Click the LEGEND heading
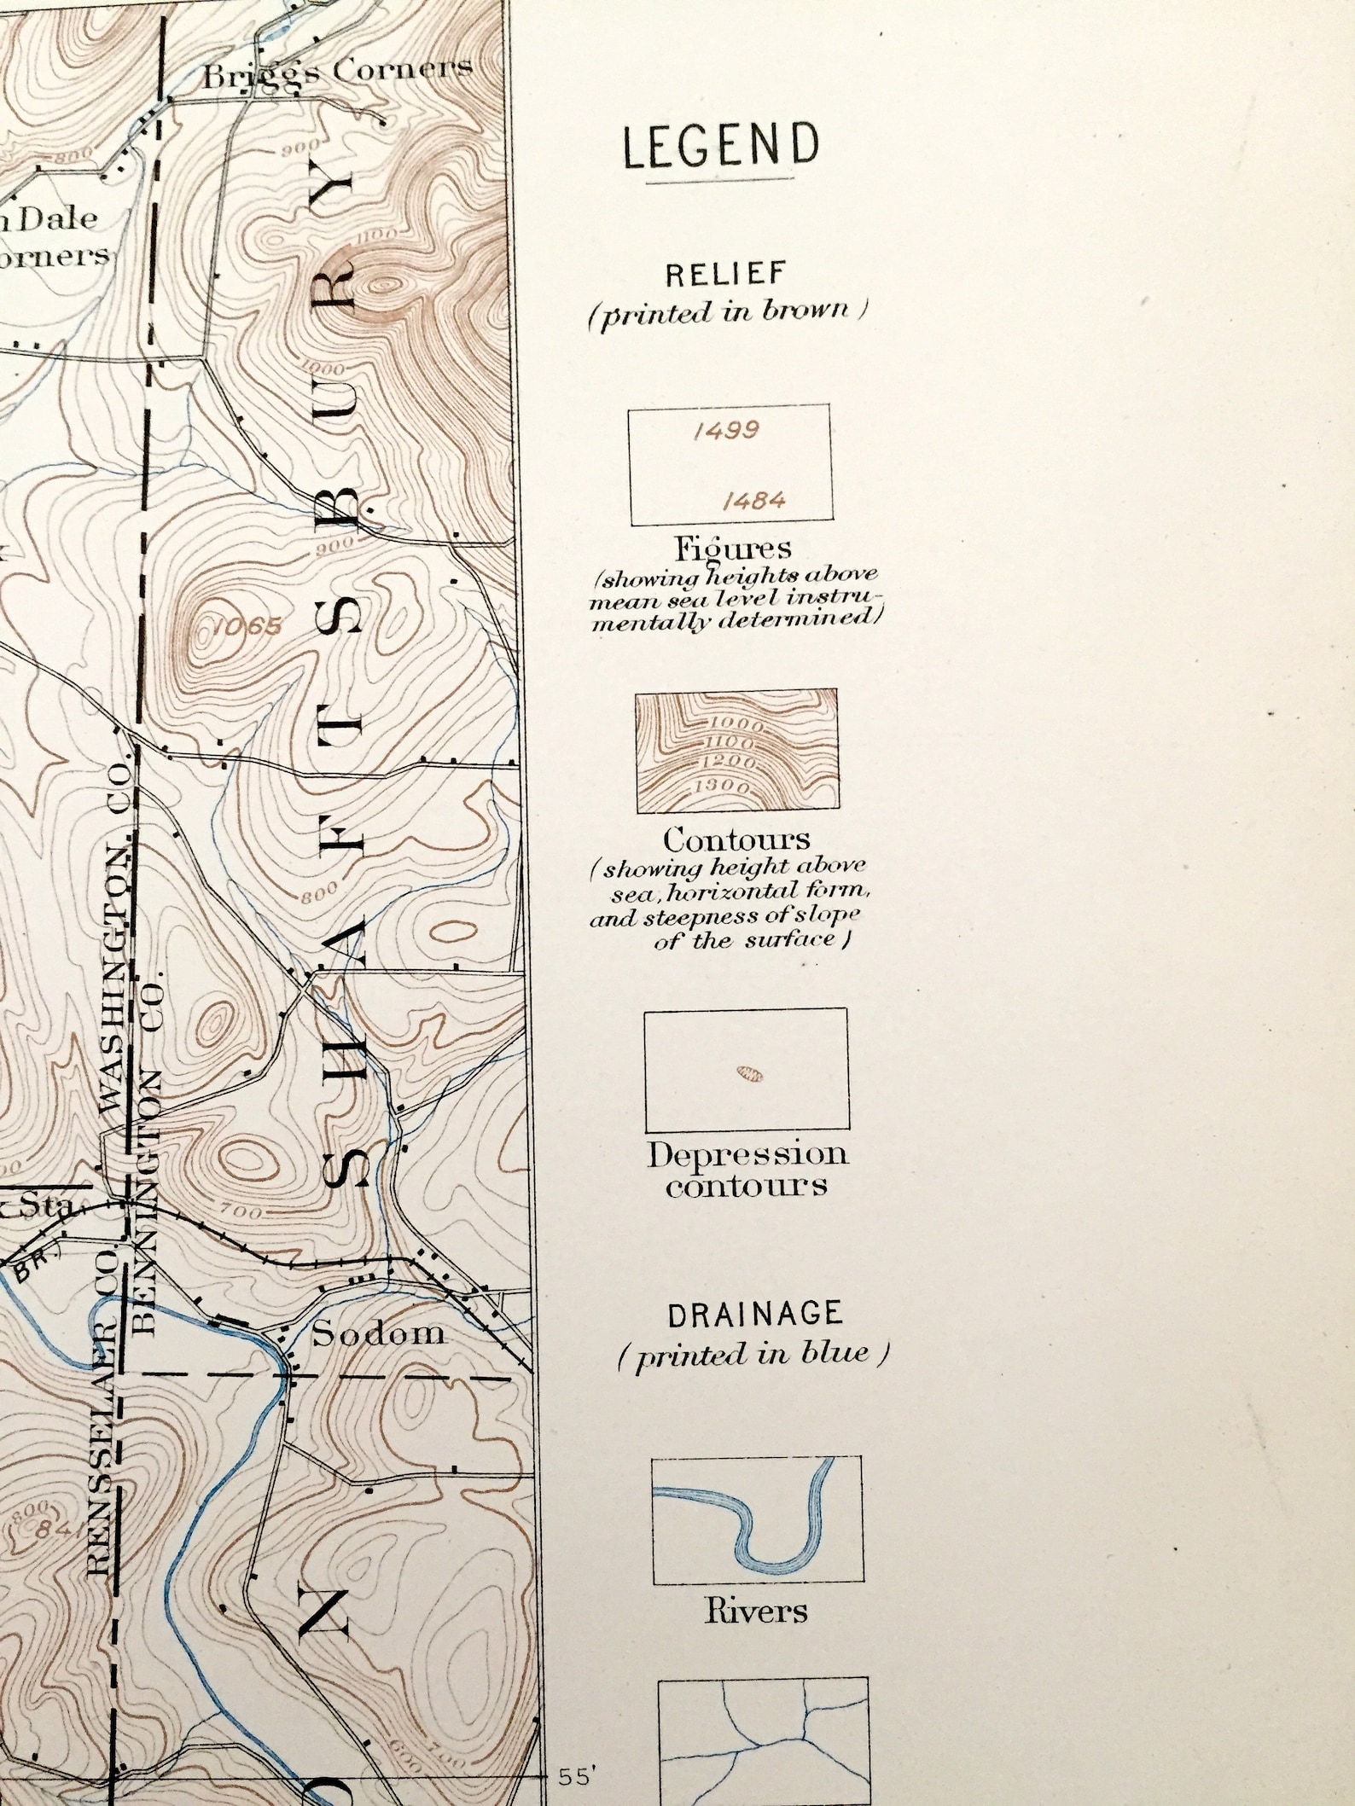click(720, 145)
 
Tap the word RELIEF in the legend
click(725, 275)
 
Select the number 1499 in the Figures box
click(726, 431)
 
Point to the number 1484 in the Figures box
click(753, 501)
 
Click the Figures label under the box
click(733, 547)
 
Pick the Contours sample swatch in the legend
click(736, 750)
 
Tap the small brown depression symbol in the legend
click(750, 1074)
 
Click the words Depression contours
click(747, 1169)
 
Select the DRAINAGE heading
click(755, 1315)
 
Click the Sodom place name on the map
click(378, 1333)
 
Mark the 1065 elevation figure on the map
click(247, 627)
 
